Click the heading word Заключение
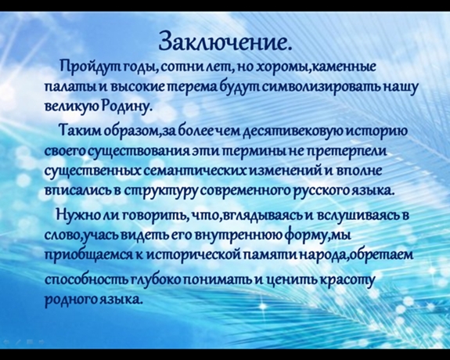(225, 42)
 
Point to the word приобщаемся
(88, 255)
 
